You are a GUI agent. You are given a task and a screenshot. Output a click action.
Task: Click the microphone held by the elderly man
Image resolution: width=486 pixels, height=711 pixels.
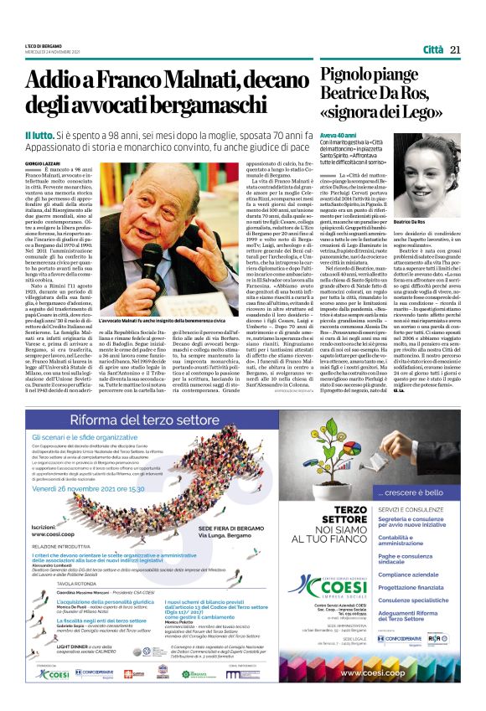pyautogui.click(x=153, y=255)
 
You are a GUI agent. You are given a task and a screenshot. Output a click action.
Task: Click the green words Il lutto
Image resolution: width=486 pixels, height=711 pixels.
pyautogui.click(x=39, y=135)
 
